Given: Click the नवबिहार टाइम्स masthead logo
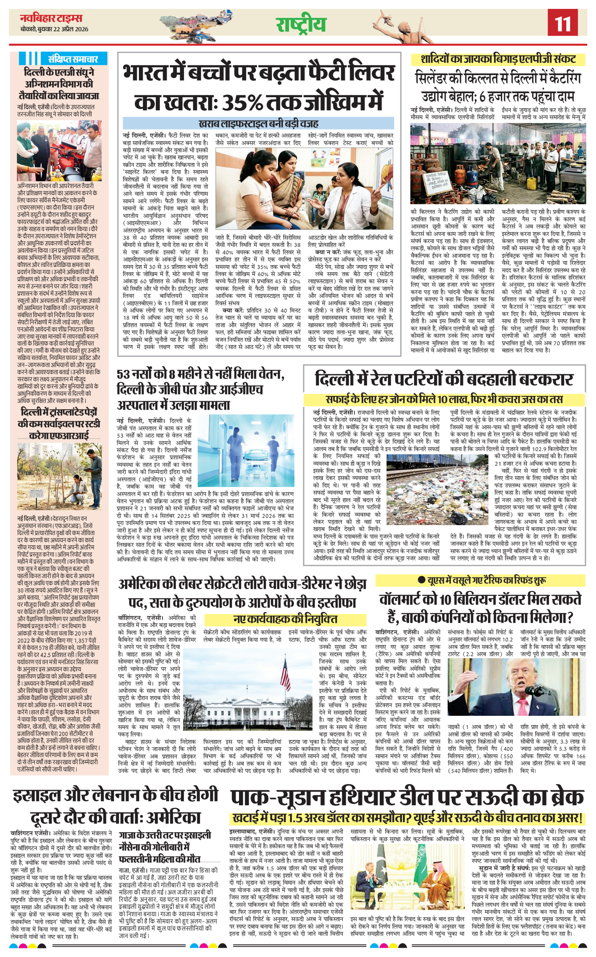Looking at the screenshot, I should (51, 18).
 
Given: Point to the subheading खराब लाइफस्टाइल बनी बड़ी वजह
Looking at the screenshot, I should (258, 123).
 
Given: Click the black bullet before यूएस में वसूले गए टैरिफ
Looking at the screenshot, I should (421, 580).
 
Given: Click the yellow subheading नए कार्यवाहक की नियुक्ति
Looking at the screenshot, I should (285, 619).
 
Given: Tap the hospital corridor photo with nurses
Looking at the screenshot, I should (246, 450).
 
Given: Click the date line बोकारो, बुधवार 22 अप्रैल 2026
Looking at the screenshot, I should (55, 29).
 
